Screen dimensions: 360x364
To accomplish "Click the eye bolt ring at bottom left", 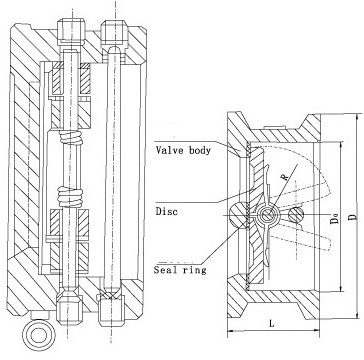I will point(41,334).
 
